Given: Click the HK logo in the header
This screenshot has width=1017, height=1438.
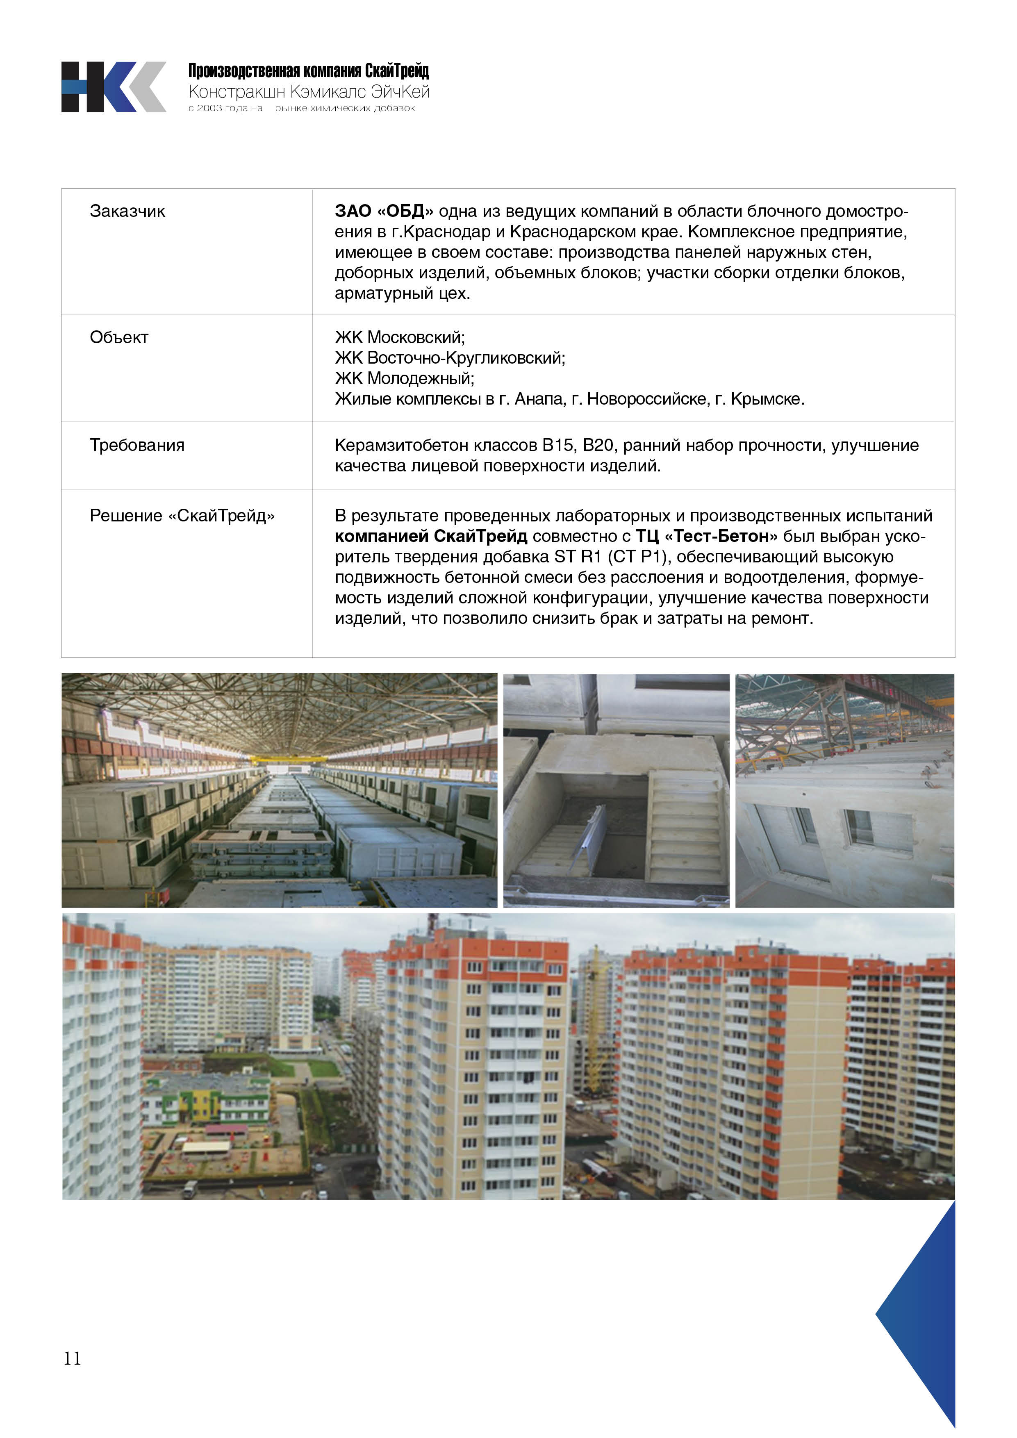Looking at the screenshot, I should [114, 87].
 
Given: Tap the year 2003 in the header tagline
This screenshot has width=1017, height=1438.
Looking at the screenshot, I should [210, 108].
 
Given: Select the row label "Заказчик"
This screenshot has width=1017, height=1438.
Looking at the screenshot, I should [127, 211].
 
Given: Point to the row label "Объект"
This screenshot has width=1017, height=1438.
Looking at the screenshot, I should [119, 338].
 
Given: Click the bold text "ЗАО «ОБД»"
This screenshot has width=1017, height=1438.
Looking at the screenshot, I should [383, 211].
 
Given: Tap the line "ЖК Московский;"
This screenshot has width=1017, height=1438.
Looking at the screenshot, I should [400, 338].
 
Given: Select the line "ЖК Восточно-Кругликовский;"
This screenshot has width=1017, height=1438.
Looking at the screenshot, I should [450, 358].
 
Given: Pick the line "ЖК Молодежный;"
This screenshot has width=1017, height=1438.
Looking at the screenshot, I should [405, 378].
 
